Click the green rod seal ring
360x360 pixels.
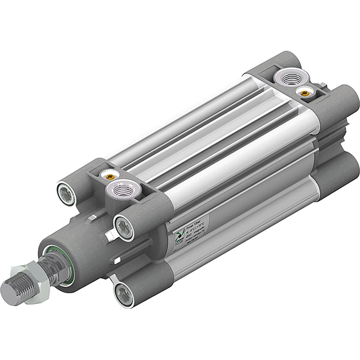click(x=55, y=264)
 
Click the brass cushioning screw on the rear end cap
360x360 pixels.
click(x=305, y=93)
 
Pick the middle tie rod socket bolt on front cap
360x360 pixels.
click(x=124, y=226)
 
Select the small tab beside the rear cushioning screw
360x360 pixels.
click(x=321, y=85)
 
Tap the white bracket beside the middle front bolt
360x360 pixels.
click(x=110, y=235)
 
